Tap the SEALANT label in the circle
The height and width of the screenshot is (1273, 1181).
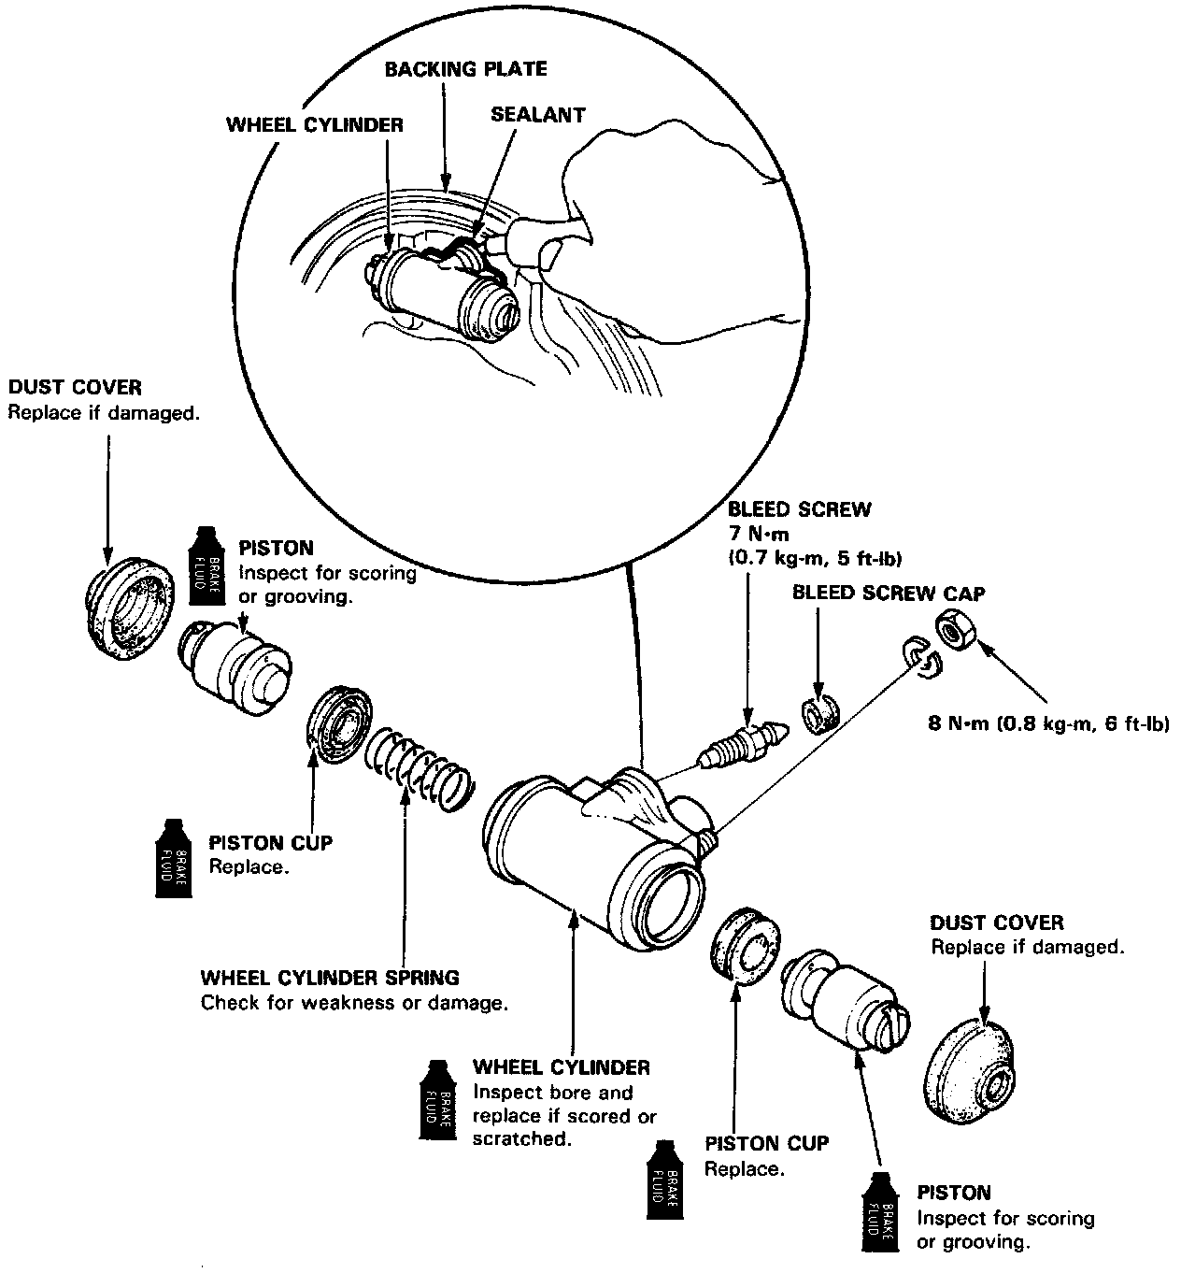pos(537,115)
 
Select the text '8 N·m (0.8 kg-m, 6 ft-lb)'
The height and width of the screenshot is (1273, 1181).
pos(1048,722)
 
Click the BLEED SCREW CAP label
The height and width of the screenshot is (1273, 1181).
pos(888,593)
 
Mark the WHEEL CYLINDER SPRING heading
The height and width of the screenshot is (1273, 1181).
pos(330,978)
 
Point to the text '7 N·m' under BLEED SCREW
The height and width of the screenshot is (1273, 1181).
pos(758,534)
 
